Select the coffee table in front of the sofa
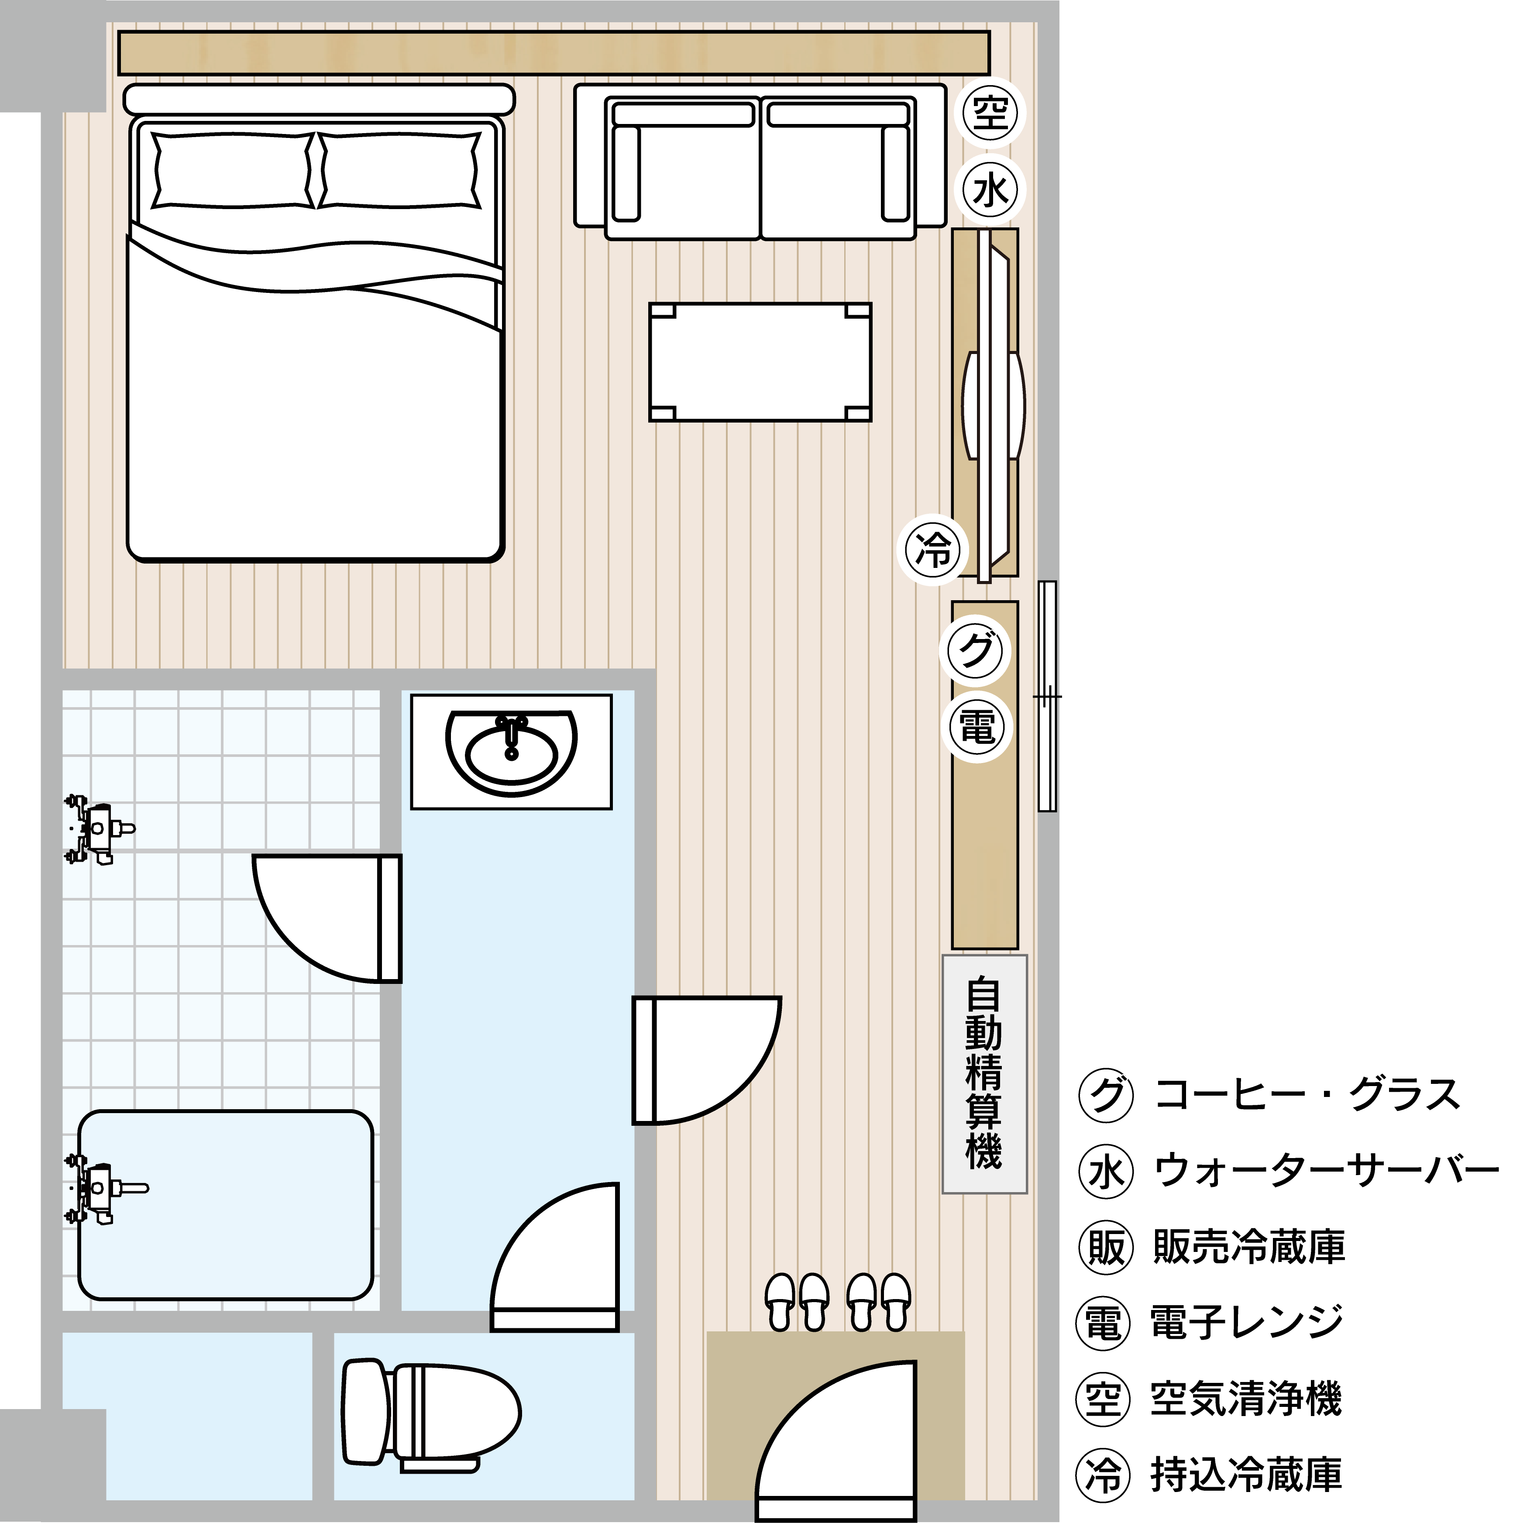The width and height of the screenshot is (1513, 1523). pyautogui.click(x=760, y=362)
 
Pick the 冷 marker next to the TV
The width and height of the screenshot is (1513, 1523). pyautogui.click(x=933, y=550)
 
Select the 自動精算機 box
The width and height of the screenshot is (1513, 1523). pyautogui.click(x=985, y=1074)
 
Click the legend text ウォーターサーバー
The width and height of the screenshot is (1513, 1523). pyautogui.click(x=1326, y=1172)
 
